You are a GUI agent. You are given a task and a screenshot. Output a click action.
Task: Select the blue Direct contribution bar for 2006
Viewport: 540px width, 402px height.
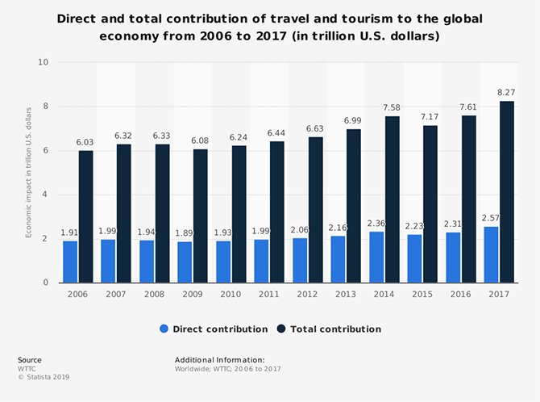pos(70,262)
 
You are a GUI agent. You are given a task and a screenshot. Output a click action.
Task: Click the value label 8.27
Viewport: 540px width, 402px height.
pos(506,94)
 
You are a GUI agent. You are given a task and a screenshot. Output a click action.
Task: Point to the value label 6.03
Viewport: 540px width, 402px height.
pos(85,143)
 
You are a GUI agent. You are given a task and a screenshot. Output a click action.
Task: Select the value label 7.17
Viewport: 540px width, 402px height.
pos(430,118)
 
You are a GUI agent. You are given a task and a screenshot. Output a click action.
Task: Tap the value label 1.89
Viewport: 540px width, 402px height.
pos(185,233)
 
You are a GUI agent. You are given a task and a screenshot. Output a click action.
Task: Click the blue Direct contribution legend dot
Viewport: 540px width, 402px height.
pos(164,329)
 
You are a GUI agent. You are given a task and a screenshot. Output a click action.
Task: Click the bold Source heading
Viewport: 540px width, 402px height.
pos(29,360)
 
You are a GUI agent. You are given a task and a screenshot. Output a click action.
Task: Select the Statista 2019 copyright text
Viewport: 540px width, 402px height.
pos(39,375)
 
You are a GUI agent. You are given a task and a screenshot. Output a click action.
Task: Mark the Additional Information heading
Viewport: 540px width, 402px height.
pos(219,360)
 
